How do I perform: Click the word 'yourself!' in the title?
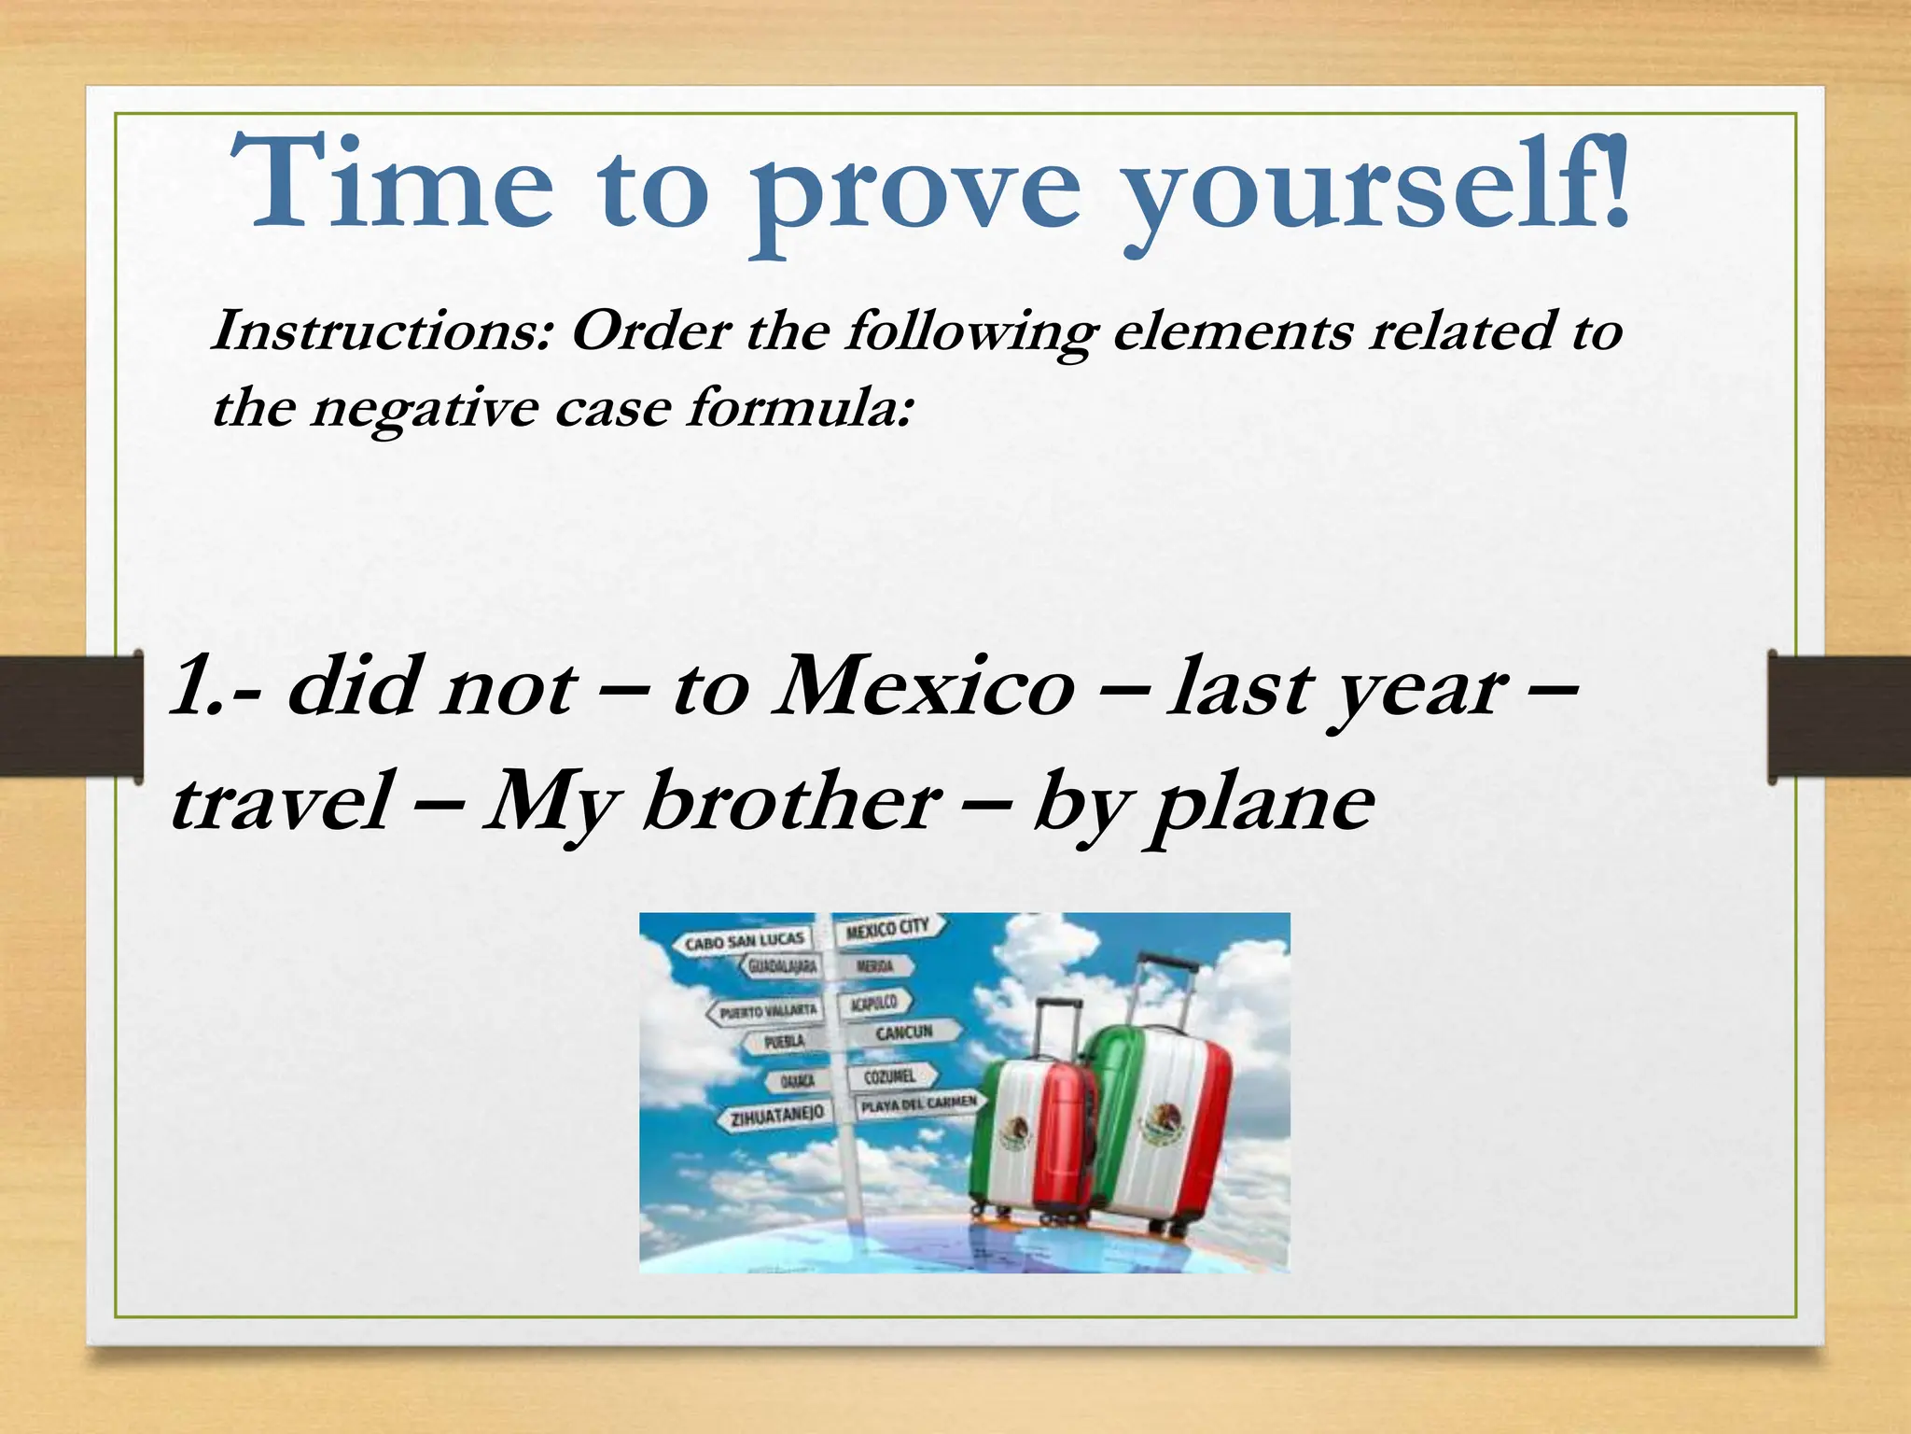[x=1375, y=187]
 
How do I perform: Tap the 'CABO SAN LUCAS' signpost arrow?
[x=743, y=942]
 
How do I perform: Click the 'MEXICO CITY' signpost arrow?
[x=889, y=929]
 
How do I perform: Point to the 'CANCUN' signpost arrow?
[x=901, y=1033]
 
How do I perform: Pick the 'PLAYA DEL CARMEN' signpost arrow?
[x=918, y=1105]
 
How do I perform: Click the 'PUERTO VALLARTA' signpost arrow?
[x=764, y=1010]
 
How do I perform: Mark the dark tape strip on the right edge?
[x=1840, y=717]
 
